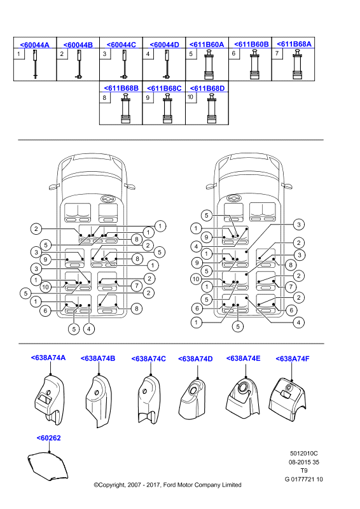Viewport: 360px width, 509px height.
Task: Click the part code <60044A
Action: (x=35, y=45)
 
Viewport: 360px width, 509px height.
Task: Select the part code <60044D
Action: (x=164, y=45)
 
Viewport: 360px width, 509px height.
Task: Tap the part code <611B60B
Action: (x=251, y=44)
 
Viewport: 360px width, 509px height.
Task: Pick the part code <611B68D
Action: (x=207, y=88)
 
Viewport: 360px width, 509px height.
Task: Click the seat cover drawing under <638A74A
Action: (x=50, y=400)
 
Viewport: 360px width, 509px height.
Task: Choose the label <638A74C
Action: (x=149, y=359)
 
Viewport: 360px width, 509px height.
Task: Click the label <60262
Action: (x=49, y=438)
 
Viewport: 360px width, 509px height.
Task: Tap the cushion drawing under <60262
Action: (x=48, y=466)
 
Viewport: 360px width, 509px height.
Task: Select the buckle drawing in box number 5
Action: (x=209, y=65)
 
